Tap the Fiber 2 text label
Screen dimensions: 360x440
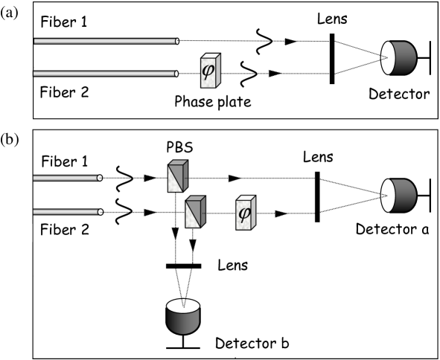pyautogui.click(x=65, y=230)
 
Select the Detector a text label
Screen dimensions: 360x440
pyautogui.click(x=392, y=229)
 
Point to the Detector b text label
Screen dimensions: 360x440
pyautogui.click(x=252, y=343)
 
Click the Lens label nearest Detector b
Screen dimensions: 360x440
pyautogui.click(x=233, y=265)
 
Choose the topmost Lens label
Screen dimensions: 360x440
pyautogui.click(x=332, y=19)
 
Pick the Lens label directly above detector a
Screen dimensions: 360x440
pyautogui.click(x=318, y=157)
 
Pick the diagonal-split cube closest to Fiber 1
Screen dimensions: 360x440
pyautogui.click(x=177, y=176)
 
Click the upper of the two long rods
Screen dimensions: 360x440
pyautogui.click(x=106, y=41)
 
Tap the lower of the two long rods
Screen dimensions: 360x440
pyautogui.click(x=106, y=74)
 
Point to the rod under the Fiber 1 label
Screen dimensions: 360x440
pyautogui.click(x=67, y=178)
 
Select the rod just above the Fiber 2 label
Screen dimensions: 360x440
pyautogui.click(x=67, y=211)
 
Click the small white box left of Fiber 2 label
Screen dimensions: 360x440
pyautogui.click(x=27, y=233)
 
